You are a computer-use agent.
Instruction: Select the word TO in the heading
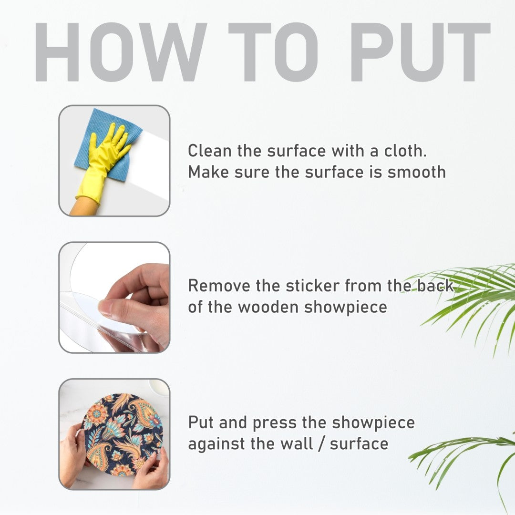273,52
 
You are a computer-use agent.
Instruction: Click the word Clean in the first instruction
210,151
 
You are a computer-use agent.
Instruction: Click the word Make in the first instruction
208,173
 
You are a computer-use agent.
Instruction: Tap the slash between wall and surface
321,444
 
